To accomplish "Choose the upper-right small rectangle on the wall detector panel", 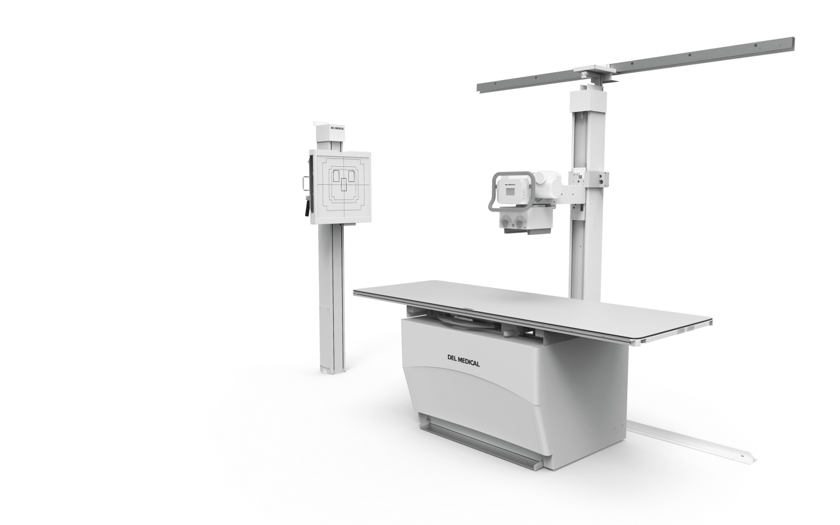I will [351, 176].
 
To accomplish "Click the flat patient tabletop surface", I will [504, 305].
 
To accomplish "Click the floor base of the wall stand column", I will [333, 369].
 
